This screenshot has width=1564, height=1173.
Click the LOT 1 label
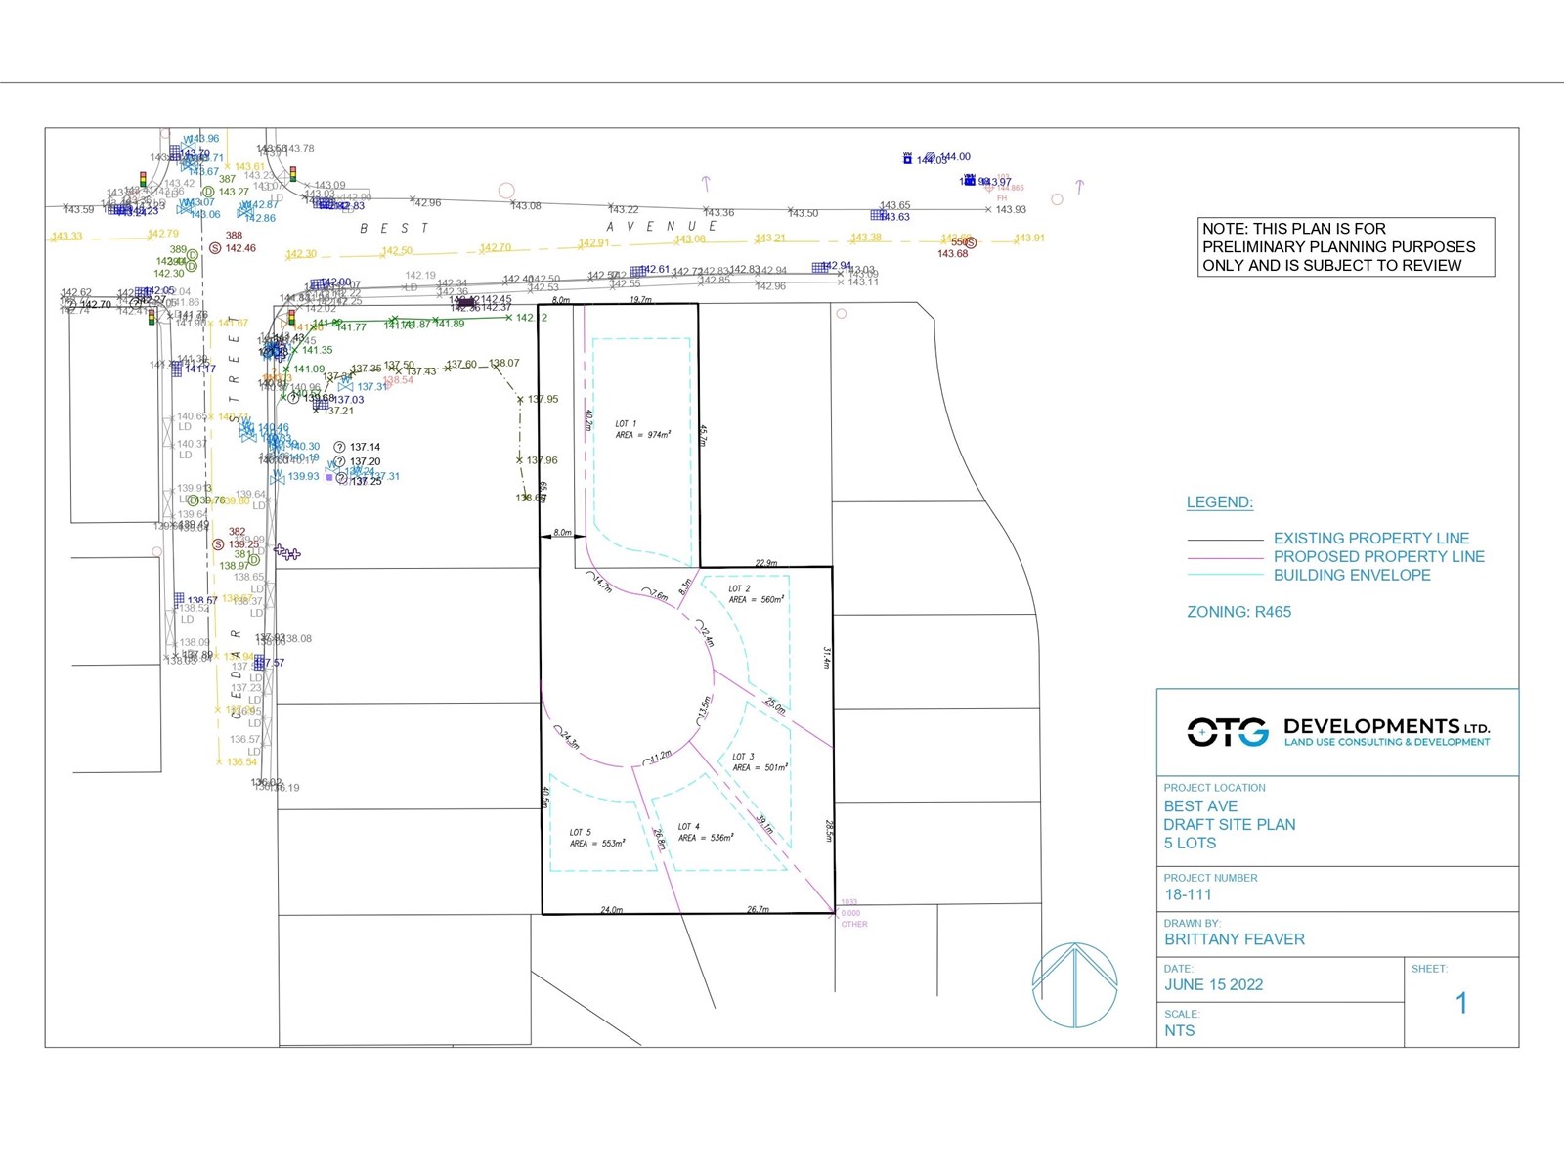626,424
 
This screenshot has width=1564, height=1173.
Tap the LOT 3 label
743,757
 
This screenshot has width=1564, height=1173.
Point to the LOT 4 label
689,827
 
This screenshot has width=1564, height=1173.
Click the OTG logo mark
1228,731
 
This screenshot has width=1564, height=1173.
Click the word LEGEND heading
1219,502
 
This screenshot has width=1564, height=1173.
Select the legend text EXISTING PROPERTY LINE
1370,539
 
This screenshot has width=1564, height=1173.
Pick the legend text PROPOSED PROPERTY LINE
1378,557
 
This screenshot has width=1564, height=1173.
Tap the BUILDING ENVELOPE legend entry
1351,576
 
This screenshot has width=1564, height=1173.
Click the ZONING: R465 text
1238,612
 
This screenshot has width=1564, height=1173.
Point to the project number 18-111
1188,894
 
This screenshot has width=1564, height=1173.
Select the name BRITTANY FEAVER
1234,939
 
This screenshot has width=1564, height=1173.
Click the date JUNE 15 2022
1213,984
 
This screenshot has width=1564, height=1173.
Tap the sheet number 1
1461,1003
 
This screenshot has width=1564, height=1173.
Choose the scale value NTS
1179,1030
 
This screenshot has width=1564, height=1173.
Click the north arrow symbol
1074,984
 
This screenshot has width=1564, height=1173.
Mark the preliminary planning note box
1345,246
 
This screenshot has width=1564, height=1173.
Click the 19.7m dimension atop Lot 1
640,300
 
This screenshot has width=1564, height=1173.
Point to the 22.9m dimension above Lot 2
766,563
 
